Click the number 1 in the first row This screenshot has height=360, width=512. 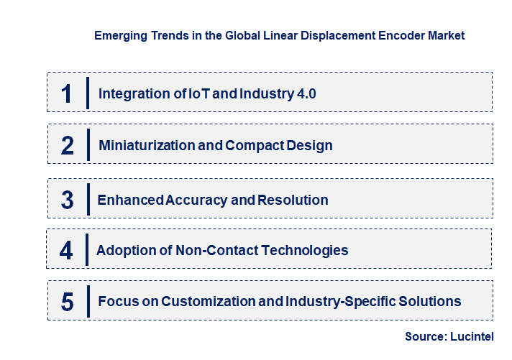pos(67,94)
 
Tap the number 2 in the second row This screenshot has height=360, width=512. pos(67,146)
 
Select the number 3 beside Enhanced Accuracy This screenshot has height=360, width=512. pos(67,200)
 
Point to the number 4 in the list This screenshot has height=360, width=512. pos(66,251)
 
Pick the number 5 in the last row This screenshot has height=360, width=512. pos(67,302)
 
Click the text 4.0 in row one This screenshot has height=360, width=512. pos(306,93)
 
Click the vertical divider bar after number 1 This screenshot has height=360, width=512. pos(87,93)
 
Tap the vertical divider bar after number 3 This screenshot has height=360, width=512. pos(87,199)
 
